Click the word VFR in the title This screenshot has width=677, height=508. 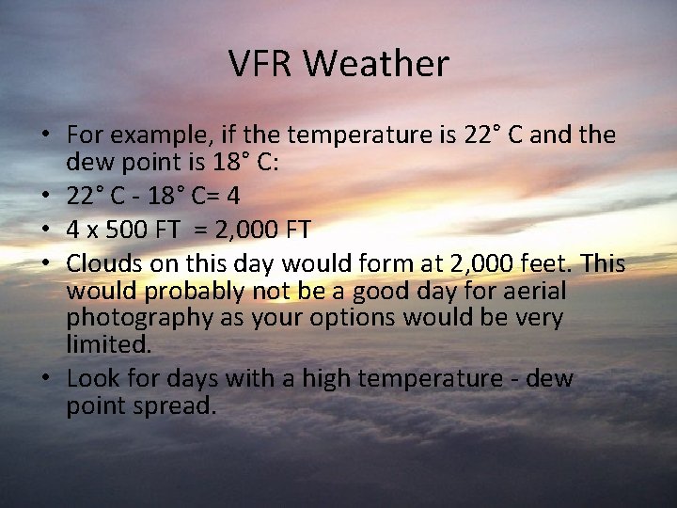(260, 64)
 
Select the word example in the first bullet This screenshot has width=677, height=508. (151, 135)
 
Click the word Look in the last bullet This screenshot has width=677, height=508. (90, 378)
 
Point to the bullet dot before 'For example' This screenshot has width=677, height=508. (47, 135)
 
